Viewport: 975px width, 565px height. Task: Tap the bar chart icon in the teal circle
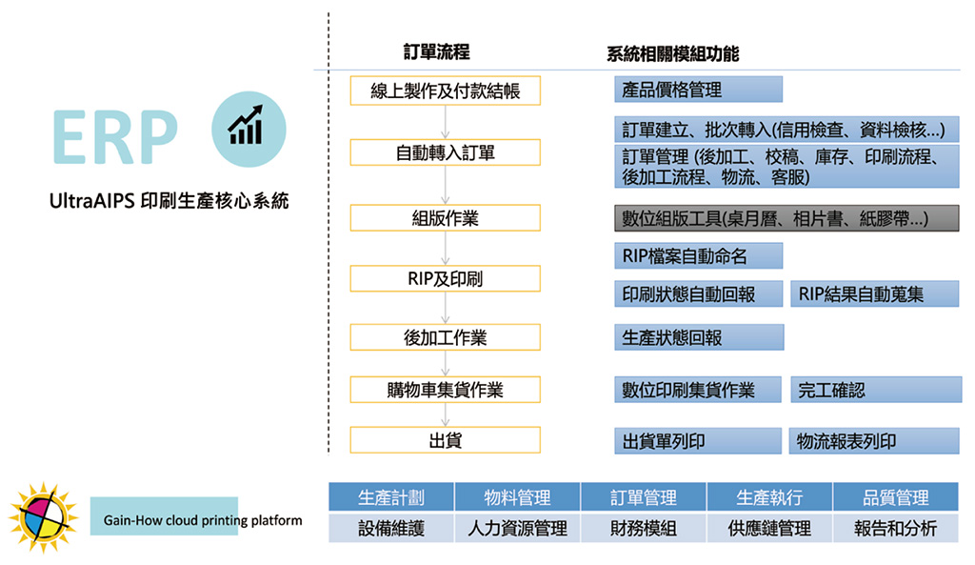click(245, 124)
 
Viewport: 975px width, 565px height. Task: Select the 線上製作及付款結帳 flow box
click(445, 91)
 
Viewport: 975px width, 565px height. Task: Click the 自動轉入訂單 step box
click(445, 152)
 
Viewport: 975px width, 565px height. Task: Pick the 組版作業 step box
click(445, 218)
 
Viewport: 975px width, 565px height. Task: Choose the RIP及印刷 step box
click(445, 279)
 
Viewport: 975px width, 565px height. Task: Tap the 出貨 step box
click(445, 440)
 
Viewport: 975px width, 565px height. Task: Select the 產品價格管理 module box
click(698, 90)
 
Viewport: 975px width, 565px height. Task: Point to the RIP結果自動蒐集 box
click(874, 293)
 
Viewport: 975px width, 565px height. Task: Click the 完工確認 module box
click(874, 390)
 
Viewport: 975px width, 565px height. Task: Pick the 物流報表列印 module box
click(874, 441)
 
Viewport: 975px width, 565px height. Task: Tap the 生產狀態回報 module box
click(698, 337)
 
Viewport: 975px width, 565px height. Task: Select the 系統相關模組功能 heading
click(672, 54)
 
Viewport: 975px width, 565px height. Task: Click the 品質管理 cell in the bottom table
click(896, 497)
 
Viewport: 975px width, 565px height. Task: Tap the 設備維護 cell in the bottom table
click(391, 528)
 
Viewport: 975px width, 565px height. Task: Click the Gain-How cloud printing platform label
click(202, 520)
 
